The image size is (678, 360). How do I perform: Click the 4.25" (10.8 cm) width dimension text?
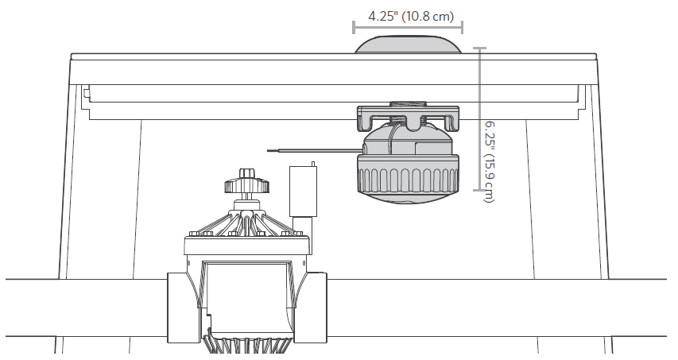(x=411, y=17)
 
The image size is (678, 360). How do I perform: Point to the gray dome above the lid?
(x=409, y=45)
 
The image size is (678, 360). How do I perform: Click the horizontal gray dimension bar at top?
(x=409, y=27)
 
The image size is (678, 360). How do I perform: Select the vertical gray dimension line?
(x=479, y=119)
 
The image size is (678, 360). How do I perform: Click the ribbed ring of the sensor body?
(x=408, y=174)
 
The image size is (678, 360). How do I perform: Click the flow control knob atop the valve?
(x=247, y=182)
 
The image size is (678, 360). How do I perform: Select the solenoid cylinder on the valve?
(x=303, y=191)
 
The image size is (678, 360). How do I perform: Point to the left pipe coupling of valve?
(x=184, y=308)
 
